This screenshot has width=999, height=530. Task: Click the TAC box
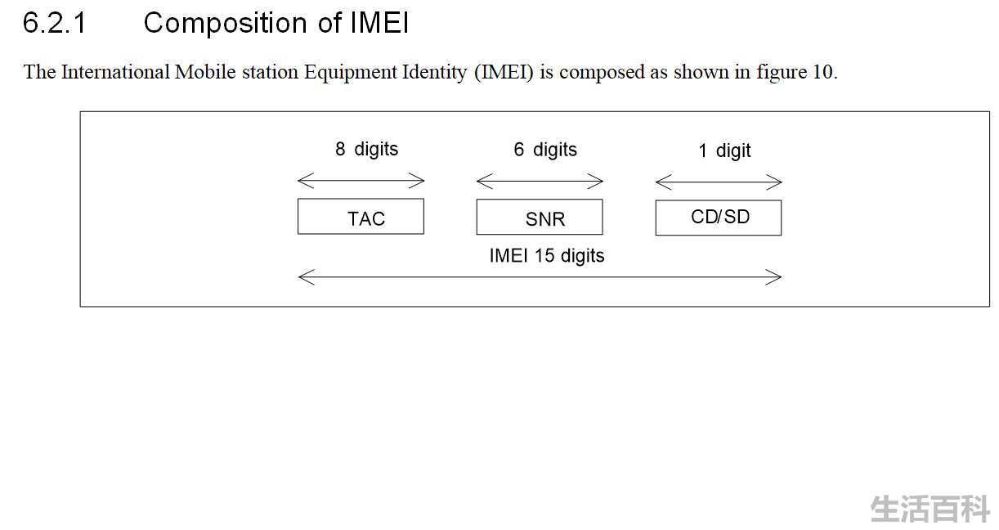point(361,217)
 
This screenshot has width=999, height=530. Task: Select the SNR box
point(540,217)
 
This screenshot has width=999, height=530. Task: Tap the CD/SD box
point(719,218)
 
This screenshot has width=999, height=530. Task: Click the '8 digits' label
point(366,150)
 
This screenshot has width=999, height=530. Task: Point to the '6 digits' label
point(545,150)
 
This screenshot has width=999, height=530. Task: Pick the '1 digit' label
point(724,151)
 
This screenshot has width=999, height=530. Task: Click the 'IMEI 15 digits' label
point(547,256)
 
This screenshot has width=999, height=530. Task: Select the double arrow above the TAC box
point(361,181)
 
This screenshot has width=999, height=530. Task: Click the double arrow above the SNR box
point(540,181)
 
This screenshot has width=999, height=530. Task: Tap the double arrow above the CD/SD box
point(719,182)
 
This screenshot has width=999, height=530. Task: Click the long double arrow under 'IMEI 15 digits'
point(540,277)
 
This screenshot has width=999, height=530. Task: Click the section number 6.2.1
point(55,23)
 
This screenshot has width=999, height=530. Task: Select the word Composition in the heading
point(225,23)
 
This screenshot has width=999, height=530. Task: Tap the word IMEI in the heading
point(379,23)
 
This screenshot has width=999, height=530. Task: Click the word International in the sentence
point(115,72)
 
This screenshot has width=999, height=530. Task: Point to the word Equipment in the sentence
point(350,73)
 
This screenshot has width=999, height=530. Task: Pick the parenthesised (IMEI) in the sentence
point(504,73)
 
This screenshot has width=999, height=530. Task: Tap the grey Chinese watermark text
point(930,509)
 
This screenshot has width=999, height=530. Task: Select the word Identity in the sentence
point(434,73)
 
